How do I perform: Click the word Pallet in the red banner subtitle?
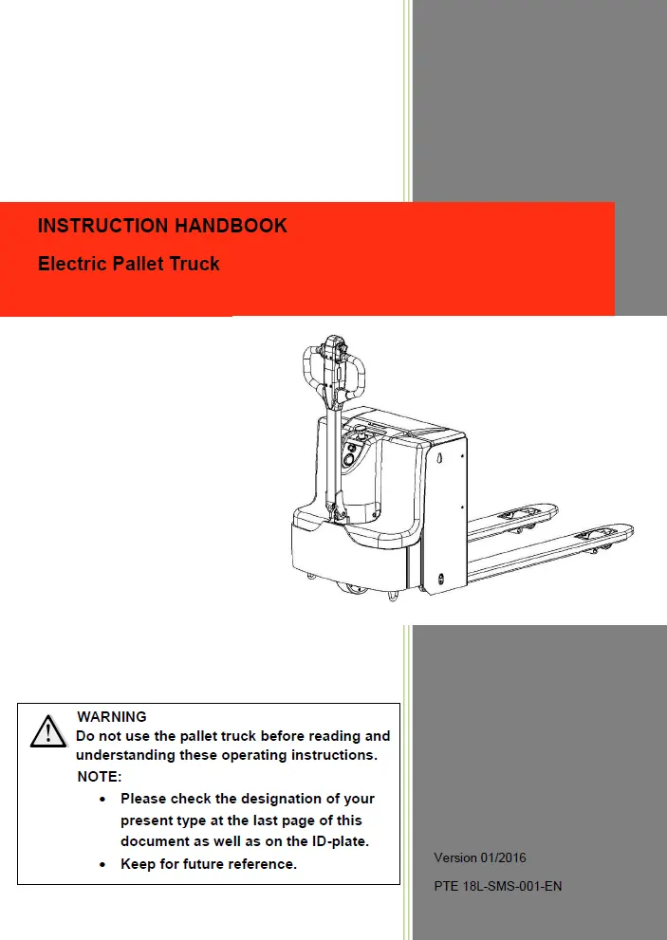(139, 264)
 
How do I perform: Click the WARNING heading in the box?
(112, 717)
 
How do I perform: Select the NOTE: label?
(100, 777)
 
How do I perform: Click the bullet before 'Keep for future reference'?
(102, 864)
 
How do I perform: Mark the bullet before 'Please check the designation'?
(102, 800)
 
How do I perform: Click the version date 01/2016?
(505, 857)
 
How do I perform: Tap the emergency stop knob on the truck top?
(361, 432)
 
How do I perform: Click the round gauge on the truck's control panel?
(348, 459)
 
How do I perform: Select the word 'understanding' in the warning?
(124, 756)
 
